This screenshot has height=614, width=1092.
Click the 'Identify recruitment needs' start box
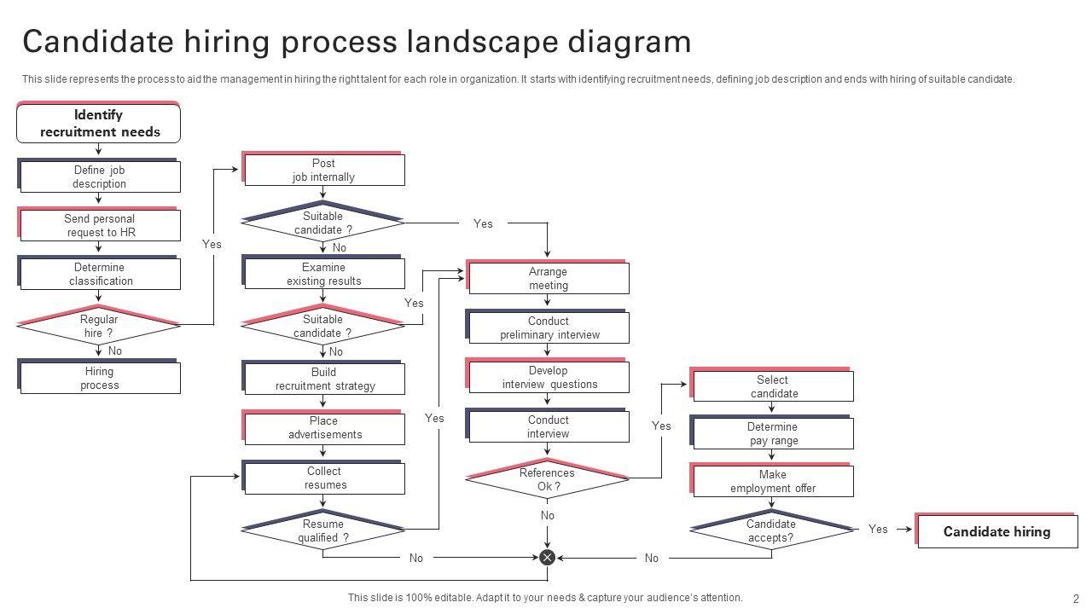98,124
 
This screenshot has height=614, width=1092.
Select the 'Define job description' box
100,177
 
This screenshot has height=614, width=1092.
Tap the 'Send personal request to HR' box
100,226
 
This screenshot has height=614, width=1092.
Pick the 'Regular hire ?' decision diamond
99,326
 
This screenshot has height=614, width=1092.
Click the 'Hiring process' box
100,378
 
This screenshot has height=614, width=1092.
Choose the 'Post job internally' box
323,171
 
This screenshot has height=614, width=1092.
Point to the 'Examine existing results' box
323,275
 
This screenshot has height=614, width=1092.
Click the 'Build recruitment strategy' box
324,379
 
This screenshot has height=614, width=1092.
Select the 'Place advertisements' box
324,428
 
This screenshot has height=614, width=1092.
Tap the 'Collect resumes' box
324,478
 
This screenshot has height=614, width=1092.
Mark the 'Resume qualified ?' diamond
322,530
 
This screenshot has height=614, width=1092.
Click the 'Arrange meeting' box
548,279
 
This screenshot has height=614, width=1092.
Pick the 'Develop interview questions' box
549,378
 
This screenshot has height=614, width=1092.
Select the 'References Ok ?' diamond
548,480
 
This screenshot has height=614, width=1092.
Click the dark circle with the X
548,558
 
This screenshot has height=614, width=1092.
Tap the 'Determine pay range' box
773,434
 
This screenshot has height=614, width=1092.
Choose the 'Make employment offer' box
773,482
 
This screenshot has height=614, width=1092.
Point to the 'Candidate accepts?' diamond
771,530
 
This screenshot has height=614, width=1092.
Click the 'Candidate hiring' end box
996,532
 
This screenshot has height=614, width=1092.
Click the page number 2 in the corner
1076,599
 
